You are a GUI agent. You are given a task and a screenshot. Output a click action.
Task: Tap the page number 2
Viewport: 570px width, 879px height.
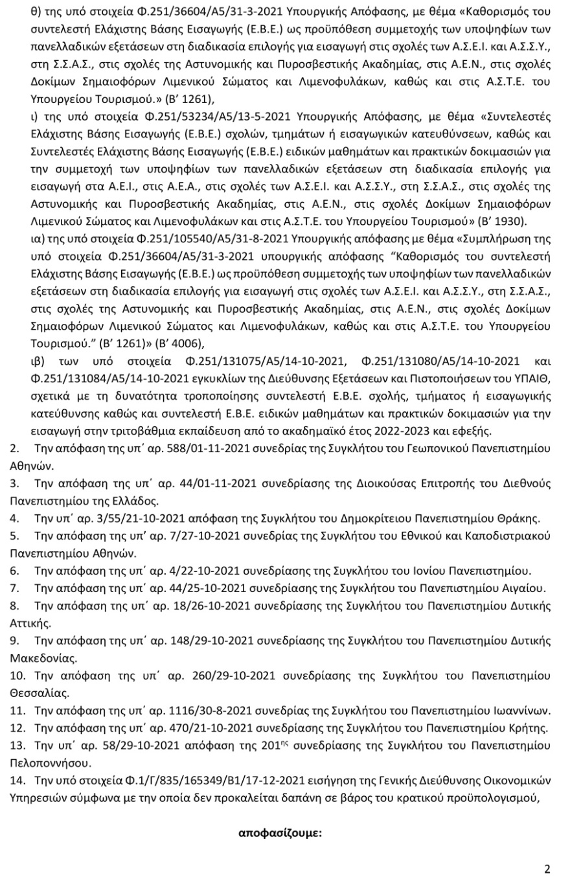(x=547, y=869)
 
